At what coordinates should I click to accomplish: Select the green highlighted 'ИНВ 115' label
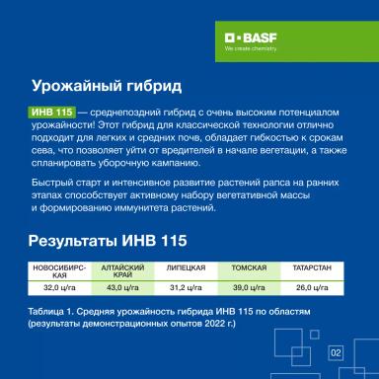tap(50, 115)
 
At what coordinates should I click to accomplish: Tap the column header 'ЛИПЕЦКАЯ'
tap(186, 267)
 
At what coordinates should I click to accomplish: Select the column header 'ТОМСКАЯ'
tap(248, 267)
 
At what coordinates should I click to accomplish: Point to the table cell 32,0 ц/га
tap(58, 287)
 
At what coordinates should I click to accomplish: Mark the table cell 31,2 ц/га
tap(186, 287)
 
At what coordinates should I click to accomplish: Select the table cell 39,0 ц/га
tap(248, 287)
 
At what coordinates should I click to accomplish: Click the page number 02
tap(335, 352)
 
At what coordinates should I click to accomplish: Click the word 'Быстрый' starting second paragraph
tap(49, 184)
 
